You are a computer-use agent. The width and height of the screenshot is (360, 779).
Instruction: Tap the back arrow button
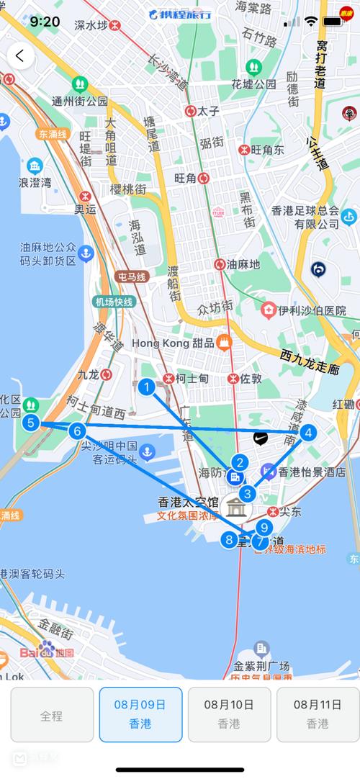[19, 55]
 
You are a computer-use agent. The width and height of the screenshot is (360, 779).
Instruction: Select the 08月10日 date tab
[229, 713]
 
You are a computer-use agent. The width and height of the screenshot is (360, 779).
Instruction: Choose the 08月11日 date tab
[318, 713]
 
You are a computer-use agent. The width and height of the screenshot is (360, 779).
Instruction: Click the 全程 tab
[52, 715]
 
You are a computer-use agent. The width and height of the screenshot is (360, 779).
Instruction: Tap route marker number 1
[147, 388]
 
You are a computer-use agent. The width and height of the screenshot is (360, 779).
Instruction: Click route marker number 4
[308, 433]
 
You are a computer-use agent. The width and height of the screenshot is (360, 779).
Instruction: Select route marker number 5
[30, 423]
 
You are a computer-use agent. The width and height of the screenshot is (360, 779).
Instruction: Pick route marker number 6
[78, 431]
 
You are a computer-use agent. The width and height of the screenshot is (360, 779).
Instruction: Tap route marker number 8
[229, 539]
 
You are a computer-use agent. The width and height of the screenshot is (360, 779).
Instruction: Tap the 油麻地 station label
[242, 264]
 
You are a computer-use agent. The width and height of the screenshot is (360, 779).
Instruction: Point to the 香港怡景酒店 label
[312, 472]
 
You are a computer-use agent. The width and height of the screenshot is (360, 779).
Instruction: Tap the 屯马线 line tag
[132, 276]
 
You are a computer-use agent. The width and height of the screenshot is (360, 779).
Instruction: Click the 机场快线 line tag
[114, 302]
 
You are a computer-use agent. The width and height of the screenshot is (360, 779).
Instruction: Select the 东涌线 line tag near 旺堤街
[53, 134]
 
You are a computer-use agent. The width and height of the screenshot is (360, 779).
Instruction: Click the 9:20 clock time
[45, 22]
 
